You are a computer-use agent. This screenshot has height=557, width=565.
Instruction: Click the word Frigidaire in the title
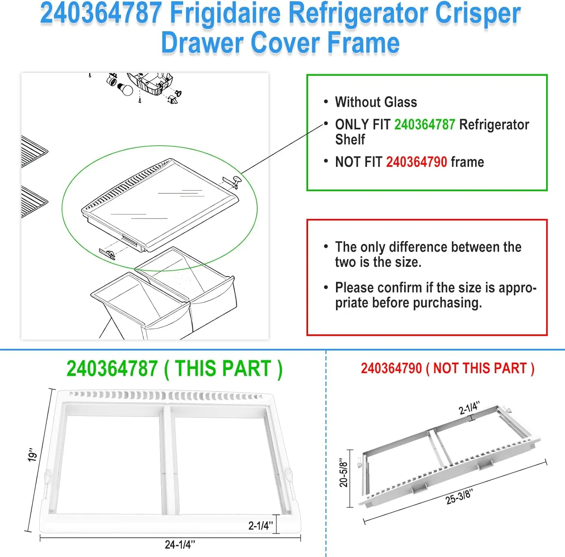pyautogui.click(x=225, y=14)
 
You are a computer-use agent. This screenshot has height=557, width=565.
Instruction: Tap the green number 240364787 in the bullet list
pyautogui.click(x=425, y=125)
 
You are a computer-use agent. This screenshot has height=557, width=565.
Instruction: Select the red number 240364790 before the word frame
pyautogui.click(x=416, y=162)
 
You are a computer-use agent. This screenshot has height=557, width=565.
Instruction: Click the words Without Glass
pyautogui.click(x=376, y=102)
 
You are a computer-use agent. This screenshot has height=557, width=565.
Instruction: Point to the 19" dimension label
pyautogui.click(x=33, y=455)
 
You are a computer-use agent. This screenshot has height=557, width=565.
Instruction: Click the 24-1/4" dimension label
pyautogui.click(x=180, y=545)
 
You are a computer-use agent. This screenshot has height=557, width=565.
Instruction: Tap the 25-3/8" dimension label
pyautogui.click(x=459, y=497)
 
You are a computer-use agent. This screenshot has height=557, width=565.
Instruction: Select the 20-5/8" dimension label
pyautogui.click(x=343, y=473)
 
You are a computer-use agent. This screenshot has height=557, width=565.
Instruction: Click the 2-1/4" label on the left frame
pyautogui.click(x=260, y=525)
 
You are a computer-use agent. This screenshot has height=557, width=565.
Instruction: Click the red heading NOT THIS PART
pyautogui.click(x=479, y=368)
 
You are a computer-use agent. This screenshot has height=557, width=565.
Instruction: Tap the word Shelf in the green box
pyautogui.click(x=350, y=140)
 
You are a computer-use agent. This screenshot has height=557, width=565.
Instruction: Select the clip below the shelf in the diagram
pyautogui.click(x=107, y=254)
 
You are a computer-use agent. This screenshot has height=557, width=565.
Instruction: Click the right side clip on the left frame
pyautogui.click(x=288, y=475)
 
